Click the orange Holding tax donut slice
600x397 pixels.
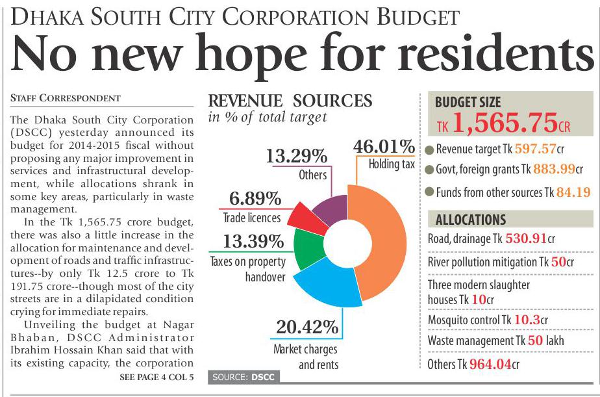(383, 247)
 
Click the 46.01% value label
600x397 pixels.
(384, 146)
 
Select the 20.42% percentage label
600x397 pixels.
(307, 327)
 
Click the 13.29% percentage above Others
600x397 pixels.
(295, 157)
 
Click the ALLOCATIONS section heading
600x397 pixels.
(471, 219)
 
